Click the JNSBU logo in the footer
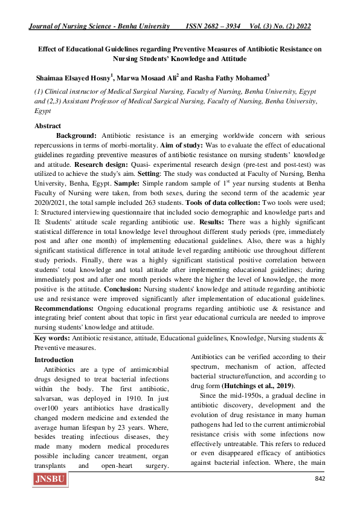[51, 481]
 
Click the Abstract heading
[48, 126]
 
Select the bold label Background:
[77, 136]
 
